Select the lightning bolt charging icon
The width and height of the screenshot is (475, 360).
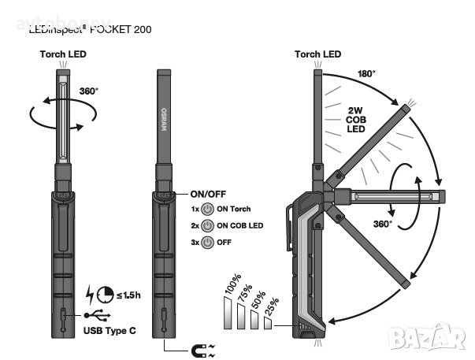click(x=89, y=294)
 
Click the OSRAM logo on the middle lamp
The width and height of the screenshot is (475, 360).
click(x=164, y=117)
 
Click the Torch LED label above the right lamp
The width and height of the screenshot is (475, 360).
click(x=317, y=54)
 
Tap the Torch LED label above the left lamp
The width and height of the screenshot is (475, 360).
click(x=63, y=54)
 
